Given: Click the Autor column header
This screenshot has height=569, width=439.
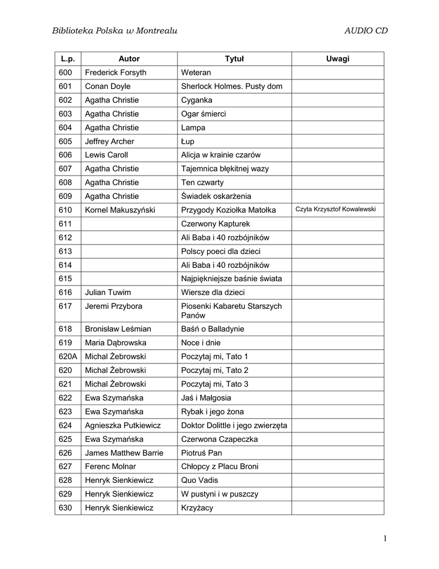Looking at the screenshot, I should (129, 59).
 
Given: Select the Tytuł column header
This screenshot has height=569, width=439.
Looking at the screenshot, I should (234, 59).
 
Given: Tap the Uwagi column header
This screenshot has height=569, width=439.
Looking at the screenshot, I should (338, 59).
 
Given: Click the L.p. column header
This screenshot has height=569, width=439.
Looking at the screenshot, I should (67, 59).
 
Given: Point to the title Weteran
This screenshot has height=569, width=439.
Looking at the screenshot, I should (196, 73).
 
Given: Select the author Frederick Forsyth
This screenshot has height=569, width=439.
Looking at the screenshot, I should (115, 73).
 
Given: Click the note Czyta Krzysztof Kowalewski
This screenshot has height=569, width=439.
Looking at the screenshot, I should (336, 209).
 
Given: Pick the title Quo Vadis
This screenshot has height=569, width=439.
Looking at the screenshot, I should (198, 480).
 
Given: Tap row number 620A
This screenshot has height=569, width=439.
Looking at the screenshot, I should (68, 356).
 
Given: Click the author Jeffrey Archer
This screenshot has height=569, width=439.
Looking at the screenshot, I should (109, 142).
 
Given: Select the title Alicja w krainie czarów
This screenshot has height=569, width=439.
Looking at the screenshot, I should (221, 155).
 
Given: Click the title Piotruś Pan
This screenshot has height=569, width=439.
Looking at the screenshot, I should (201, 453).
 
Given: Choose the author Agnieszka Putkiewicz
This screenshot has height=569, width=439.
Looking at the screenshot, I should (123, 426).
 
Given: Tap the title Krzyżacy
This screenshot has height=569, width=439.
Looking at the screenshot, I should (197, 508).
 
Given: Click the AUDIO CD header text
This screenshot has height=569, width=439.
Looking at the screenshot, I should (366, 31).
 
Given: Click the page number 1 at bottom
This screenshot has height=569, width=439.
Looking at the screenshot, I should (384, 539).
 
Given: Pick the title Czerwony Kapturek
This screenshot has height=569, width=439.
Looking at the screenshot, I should (216, 224).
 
